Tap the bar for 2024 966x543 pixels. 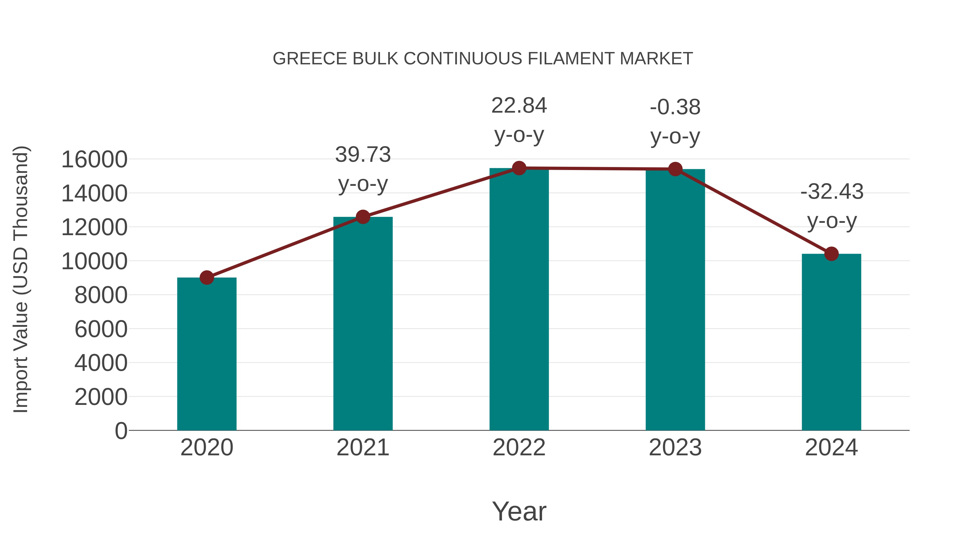tap(831, 342)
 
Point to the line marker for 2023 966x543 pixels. tap(675, 169)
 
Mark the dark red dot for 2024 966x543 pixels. tap(831, 254)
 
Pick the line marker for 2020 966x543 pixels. tap(207, 278)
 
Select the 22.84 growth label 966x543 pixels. tap(519, 106)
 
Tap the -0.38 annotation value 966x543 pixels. tap(675, 107)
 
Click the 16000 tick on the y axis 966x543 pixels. tap(94, 159)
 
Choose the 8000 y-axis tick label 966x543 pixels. tap(101, 295)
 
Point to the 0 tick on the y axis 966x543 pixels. tap(121, 431)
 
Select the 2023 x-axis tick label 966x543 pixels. tap(675, 448)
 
